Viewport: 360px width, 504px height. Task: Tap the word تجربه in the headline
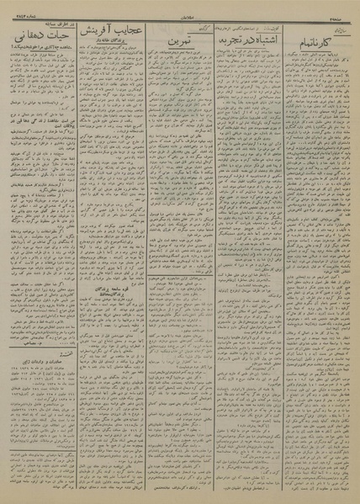(x=220, y=38)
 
